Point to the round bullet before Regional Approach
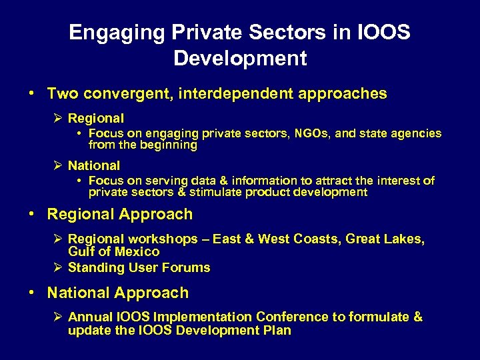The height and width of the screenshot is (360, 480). (x=32, y=215)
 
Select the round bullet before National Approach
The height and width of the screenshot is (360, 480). (x=32, y=293)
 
